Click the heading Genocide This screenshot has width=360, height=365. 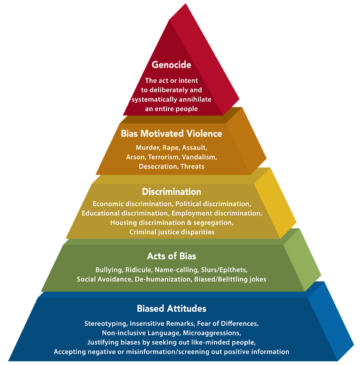(171, 65)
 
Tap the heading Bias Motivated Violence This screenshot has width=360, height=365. (171, 134)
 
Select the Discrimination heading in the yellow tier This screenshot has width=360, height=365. (171, 192)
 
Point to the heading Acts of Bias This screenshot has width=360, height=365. (171, 256)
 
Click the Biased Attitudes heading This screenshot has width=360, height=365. (171, 308)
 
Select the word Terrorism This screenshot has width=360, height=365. (164, 157)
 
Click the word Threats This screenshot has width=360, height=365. (192, 166)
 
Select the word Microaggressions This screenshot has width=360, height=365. (212, 333)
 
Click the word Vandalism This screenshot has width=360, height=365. (199, 157)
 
